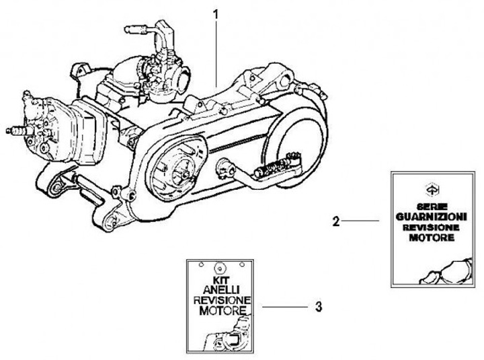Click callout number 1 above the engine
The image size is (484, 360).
point(216,15)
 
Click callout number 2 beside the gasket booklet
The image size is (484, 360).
point(336,221)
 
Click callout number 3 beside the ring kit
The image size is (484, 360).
point(319,307)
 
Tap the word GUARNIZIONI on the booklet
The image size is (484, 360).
point(431,217)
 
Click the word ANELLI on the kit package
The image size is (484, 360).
point(220,290)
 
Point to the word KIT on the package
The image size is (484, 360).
point(220,281)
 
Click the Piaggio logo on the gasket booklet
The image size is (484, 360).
point(431,189)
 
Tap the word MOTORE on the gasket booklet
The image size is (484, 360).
point(432,238)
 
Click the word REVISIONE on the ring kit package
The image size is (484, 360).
point(222,300)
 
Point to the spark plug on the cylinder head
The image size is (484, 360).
point(19,131)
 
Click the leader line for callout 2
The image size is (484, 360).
point(360,221)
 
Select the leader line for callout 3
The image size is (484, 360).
point(285,307)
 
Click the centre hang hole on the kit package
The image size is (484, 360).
point(220,267)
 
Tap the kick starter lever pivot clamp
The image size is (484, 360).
point(225,167)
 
